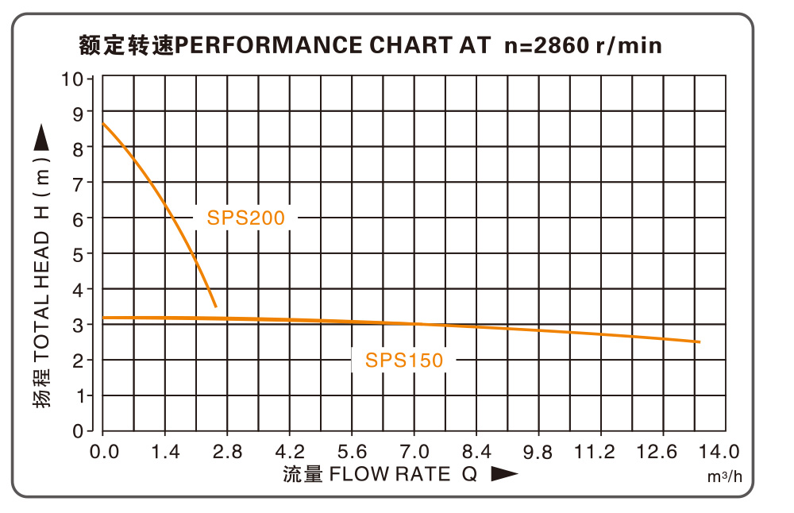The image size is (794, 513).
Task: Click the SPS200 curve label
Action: tap(245, 218)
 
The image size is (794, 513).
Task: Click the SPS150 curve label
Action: tap(404, 361)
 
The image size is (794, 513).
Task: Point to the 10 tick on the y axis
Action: tap(76, 79)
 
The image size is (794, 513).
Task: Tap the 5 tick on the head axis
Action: tap(78, 254)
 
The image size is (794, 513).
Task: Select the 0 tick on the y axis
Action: tap(78, 431)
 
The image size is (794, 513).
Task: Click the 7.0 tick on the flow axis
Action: tap(414, 452)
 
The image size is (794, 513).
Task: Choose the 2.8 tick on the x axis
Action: tap(227, 452)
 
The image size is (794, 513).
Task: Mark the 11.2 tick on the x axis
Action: tap(595, 452)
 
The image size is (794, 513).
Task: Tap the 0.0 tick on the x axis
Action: tap(105, 452)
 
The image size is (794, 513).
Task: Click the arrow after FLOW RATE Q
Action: tap(504, 474)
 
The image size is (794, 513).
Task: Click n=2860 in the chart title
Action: tap(547, 45)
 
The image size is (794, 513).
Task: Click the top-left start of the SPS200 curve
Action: tap(104, 123)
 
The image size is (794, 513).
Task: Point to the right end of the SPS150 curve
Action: tap(699, 341)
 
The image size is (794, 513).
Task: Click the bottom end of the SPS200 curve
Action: tap(215, 306)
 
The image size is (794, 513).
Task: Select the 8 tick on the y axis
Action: tap(78, 148)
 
